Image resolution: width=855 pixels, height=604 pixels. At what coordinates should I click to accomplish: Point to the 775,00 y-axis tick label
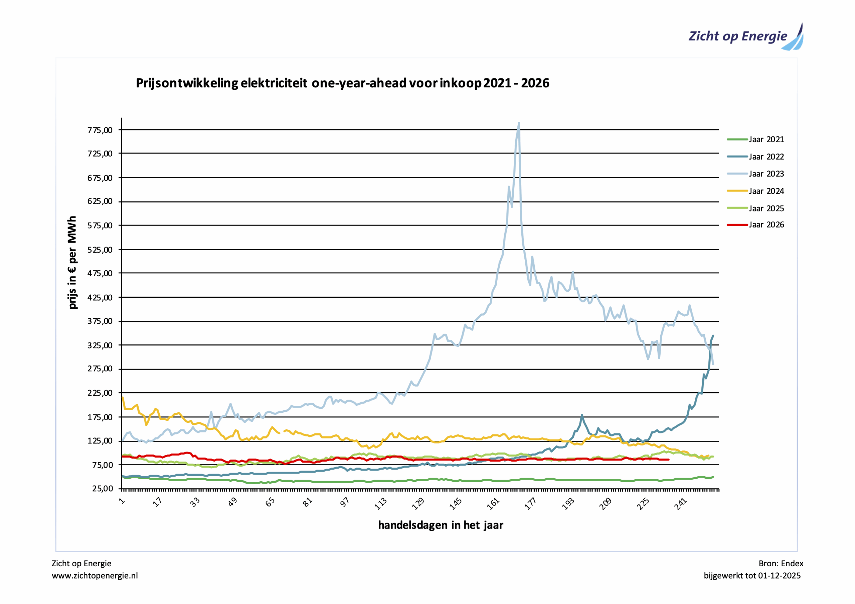point(100,130)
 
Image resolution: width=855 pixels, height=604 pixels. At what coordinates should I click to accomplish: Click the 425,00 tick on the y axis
point(100,298)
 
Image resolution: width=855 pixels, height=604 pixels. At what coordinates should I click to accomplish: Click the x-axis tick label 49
point(233,503)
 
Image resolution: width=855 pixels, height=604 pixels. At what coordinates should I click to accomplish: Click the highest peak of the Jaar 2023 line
point(519,123)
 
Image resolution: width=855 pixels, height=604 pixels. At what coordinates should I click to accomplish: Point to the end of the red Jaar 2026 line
point(669,460)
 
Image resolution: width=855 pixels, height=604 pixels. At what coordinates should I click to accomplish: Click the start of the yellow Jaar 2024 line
point(123,397)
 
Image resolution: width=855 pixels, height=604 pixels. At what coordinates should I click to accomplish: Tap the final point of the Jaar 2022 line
point(713,336)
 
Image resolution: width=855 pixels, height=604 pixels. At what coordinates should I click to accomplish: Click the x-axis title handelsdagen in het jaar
point(441,525)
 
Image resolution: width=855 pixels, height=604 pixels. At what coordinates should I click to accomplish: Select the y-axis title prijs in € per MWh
point(72,262)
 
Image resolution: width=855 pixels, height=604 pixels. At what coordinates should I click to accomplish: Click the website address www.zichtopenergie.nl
point(95,576)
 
